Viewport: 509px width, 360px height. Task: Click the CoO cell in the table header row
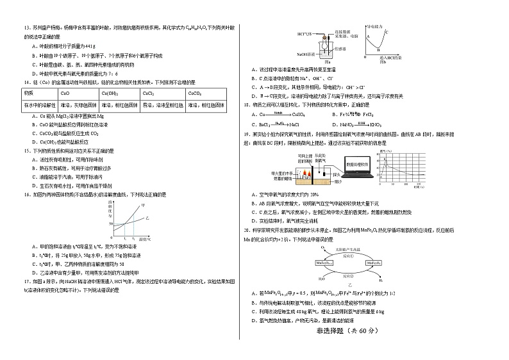tap(65, 92)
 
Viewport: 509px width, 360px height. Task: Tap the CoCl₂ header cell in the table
tap(149, 92)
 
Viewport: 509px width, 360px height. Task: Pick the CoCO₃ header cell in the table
tap(193, 92)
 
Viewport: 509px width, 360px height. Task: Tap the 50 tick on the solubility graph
tap(110, 224)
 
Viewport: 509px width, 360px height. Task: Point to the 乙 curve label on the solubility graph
tap(148, 218)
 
